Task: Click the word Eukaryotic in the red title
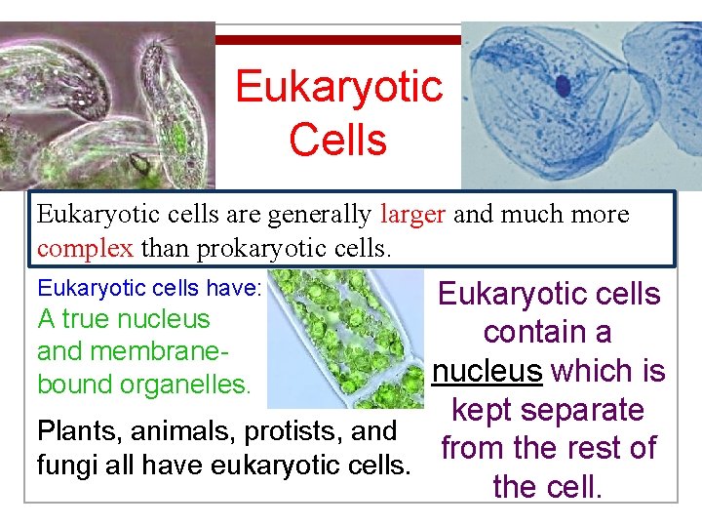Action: click(338, 88)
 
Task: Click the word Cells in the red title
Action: click(338, 139)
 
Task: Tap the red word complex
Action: click(86, 248)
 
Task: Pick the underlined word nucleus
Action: click(487, 372)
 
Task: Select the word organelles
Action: click(185, 384)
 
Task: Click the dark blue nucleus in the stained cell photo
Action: click(564, 86)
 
